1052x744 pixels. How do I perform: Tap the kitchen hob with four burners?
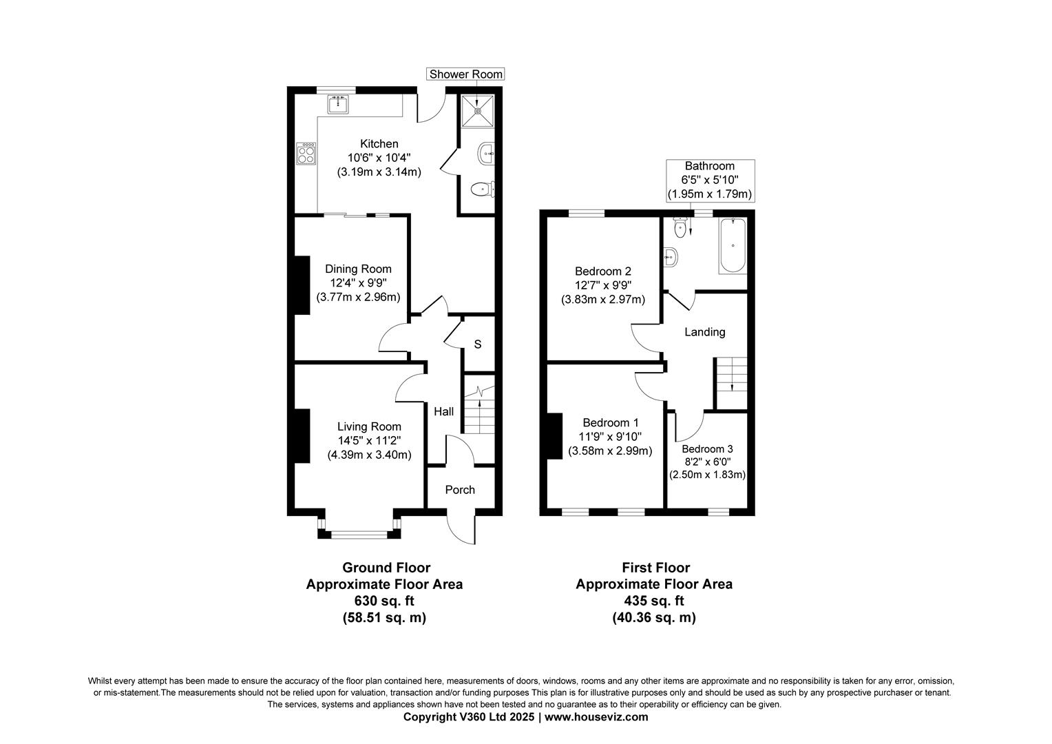pyautogui.click(x=306, y=153)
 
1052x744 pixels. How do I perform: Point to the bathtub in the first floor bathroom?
pyautogui.click(x=733, y=245)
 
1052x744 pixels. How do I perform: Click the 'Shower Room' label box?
pyautogui.click(x=466, y=74)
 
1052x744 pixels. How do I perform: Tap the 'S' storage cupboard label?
pyautogui.click(x=478, y=344)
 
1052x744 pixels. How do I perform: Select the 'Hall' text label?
pyautogui.click(x=443, y=411)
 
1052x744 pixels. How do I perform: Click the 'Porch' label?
pyautogui.click(x=460, y=490)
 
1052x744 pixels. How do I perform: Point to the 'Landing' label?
pyautogui.click(x=704, y=332)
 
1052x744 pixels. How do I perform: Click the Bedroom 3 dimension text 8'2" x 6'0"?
pyautogui.click(x=707, y=462)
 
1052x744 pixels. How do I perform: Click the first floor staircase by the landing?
pyautogui.click(x=731, y=382)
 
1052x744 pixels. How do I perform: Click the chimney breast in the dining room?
pyautogui.click(x=302, y=285)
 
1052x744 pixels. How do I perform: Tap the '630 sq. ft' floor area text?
pyautogui.click(x=384, y=600)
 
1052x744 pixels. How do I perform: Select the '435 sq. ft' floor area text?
pyautogui.click(x=654, y=600)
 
